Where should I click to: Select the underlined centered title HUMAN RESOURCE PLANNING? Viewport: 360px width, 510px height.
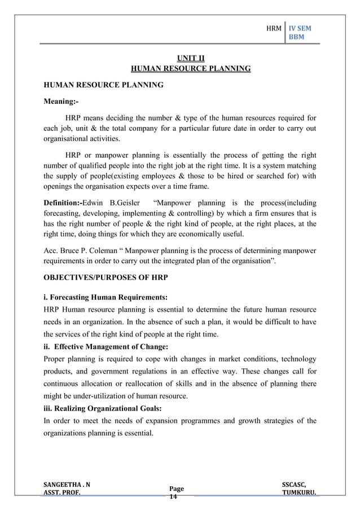pyautogui.click(x=191, y=69)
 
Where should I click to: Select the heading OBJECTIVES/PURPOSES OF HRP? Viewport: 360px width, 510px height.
pyautogui.click(x=106, y=278)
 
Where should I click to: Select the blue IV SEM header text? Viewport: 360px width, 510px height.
pyautogui.click(x=300, y=28)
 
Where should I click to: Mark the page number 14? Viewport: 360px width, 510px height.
pyautogui.click(x=173, y=498)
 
